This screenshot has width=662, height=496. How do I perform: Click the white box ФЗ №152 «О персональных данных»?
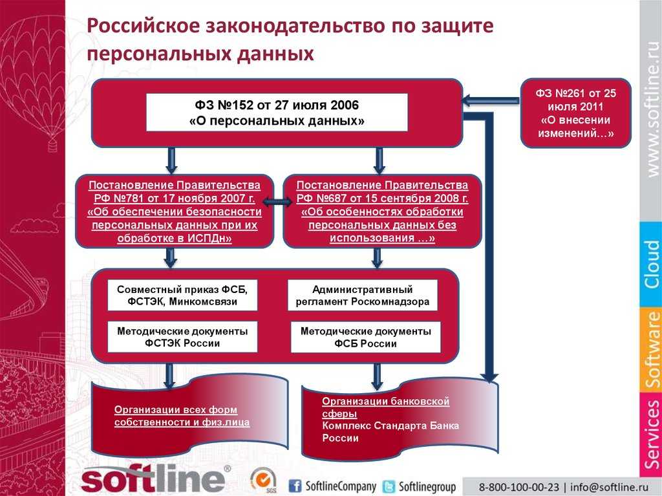pos(277,113)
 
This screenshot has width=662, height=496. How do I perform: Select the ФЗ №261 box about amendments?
pos(576,113)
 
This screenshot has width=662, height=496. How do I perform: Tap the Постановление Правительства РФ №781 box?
pos(175,211)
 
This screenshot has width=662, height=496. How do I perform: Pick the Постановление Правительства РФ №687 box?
pos(382,211)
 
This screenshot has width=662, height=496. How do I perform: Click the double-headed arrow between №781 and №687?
pos(277,202)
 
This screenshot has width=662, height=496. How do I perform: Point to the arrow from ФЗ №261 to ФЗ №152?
pos(491,101)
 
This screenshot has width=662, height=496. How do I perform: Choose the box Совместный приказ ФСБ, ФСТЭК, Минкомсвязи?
pos(182,296)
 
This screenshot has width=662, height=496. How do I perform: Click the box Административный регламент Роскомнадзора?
pos(363,296)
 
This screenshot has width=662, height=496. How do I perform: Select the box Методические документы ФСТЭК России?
pos(182,337)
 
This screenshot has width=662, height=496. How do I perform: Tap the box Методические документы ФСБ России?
pos(366,337)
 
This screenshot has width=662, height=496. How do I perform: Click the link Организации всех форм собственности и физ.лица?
pos(182,416)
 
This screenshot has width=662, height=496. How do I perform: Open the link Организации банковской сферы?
pos(385,407)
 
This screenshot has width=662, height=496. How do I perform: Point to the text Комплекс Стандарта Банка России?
pos(390,431)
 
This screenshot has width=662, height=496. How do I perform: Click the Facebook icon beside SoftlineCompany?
pos(295,486)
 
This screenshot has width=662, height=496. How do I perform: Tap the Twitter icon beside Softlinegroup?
pos(389,486)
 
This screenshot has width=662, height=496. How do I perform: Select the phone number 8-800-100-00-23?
pos(518,487)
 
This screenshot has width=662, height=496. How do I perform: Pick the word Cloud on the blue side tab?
pos(652,264)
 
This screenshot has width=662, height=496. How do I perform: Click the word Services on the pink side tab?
pos(652,435)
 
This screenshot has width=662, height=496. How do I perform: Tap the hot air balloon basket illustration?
pos(52,146)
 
